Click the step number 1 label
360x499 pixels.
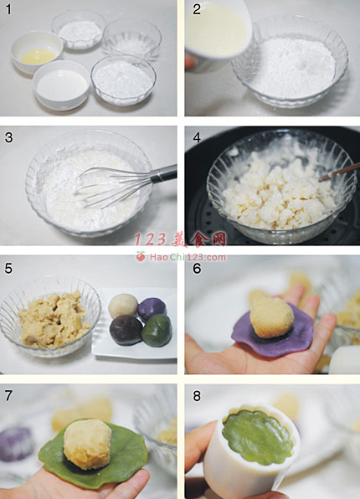(x=8, y=9)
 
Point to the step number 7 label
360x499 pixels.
(x=8, y=395)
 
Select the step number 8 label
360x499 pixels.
(x=197, y=396)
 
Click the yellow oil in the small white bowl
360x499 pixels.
(x=39, y=56)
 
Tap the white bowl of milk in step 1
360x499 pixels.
(x=62, y=85)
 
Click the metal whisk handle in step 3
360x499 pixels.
(x=163, y=174)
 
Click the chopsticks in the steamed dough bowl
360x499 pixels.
(x=337, y=173)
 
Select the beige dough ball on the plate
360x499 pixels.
(x=123, y=306)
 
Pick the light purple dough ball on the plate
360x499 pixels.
(x=152, y=310)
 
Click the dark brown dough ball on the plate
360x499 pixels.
(x=126, y=331)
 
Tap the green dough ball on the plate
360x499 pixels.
(x=157, y=331)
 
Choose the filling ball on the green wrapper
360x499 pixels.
(x=88, y=444)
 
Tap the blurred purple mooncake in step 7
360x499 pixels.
(x=15, y=444)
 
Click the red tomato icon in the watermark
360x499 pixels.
(x=141, y=256)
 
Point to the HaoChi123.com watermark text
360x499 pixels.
(x=188, y=257)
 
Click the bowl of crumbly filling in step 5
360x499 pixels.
(x=49, y=315)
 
